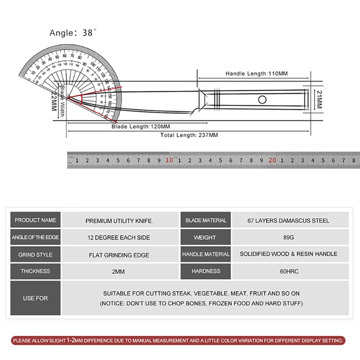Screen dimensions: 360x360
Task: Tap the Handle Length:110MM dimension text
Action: click(256, 73)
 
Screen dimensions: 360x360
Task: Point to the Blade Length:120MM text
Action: click(141, 127)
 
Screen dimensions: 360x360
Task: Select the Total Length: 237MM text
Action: click(189, 135)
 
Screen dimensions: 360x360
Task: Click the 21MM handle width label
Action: click(319, 99)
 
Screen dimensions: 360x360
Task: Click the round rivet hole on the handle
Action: click(262, 99)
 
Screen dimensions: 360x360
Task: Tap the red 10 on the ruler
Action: click(169, 160)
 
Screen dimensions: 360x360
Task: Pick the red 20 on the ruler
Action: click(272, 160)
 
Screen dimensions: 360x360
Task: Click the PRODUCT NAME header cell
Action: click(35, 220)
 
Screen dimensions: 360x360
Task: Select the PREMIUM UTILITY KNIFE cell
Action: click(119, 221)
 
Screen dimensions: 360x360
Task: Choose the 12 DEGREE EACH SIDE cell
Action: click(119, 238)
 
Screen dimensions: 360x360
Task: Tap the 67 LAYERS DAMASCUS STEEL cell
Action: click(288, 220)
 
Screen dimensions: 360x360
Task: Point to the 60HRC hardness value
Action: click(289, 271)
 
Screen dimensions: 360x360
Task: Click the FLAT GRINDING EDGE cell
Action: click(119, 255)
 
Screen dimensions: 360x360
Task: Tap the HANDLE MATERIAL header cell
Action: click(206, 254)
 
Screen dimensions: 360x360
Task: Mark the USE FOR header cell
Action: click(35, 298)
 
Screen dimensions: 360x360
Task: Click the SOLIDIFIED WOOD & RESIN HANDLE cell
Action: click(288, 254)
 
